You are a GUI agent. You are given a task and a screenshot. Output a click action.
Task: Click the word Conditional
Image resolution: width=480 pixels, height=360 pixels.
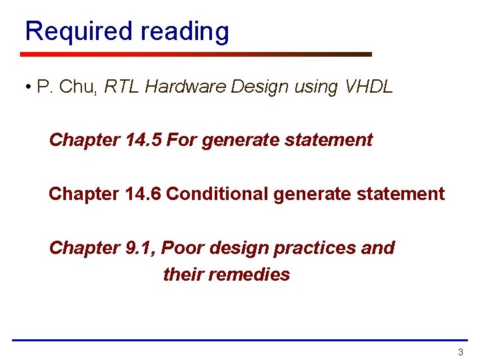click(x=218, y=194)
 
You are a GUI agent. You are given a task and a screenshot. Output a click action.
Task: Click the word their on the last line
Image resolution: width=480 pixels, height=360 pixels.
click(x=183, y=275)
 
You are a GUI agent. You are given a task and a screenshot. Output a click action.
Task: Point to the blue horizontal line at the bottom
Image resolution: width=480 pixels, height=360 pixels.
click(x=239, y=341)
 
